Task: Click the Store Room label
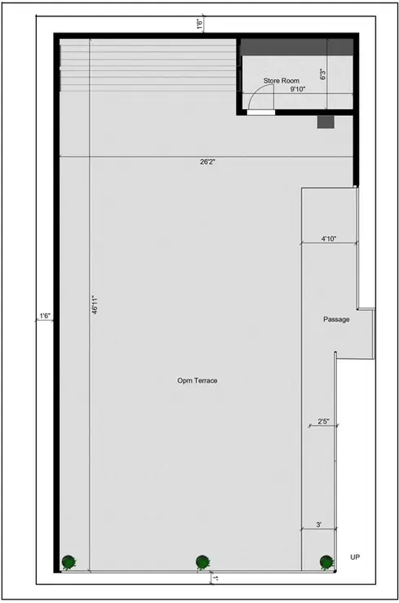pos(282,81)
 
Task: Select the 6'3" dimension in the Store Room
pos(324,75)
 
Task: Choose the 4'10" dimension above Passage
pos(329,239)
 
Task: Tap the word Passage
pos(336,319)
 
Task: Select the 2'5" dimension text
pos(324,422)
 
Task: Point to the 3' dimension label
pos(319,525)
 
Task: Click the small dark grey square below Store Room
pos(326,122)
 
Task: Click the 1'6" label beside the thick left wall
pos(46,315)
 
